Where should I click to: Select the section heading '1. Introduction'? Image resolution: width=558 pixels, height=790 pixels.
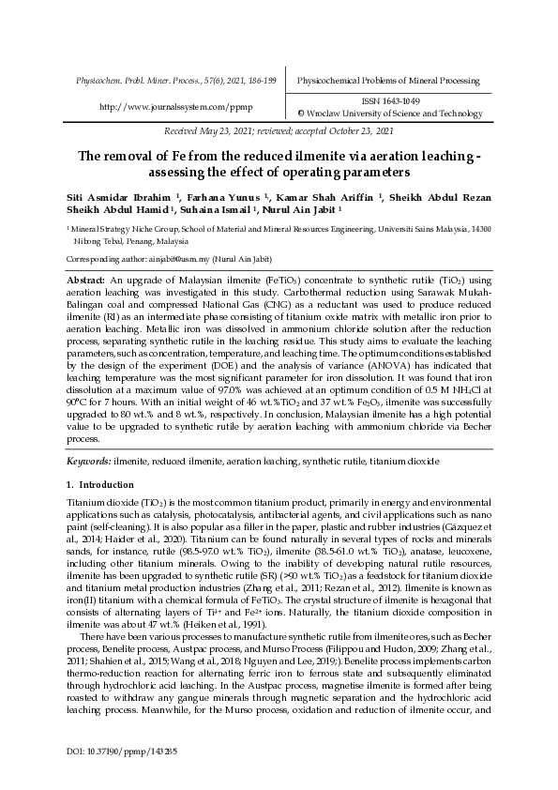(x=92, y=485)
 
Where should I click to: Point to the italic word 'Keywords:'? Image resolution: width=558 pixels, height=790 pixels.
(x=88, y=462)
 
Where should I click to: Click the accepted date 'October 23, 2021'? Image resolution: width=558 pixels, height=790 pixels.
(x=359, y=132)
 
